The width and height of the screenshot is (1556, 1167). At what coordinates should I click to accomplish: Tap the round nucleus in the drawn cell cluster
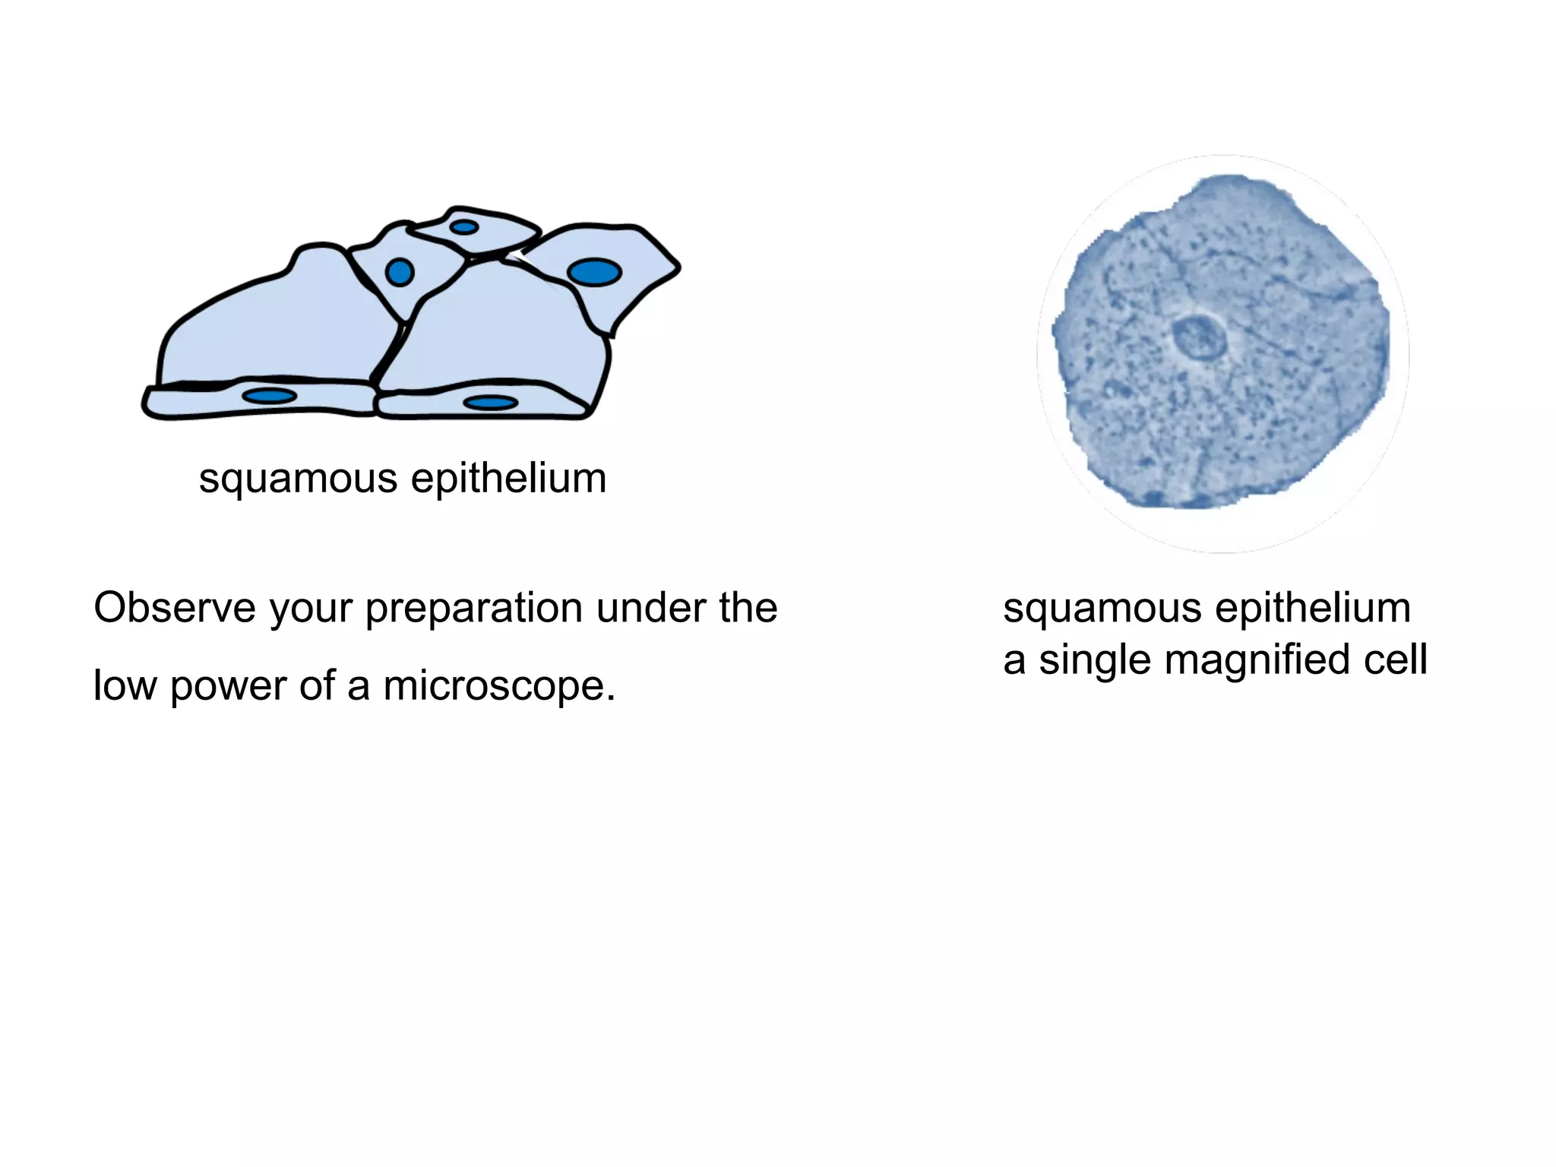point(400,272)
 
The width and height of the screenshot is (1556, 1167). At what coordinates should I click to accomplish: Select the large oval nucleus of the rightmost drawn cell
point(594,272)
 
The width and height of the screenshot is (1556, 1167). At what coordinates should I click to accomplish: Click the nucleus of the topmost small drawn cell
point(463,227)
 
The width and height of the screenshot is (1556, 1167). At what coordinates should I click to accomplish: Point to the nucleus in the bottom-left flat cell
point(269,396)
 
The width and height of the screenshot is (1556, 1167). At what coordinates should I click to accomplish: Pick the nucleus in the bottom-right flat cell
point(491,403)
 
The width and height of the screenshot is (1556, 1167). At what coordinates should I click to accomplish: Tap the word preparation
point(474,609)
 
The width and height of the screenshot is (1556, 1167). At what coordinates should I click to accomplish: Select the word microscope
point(498,686)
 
